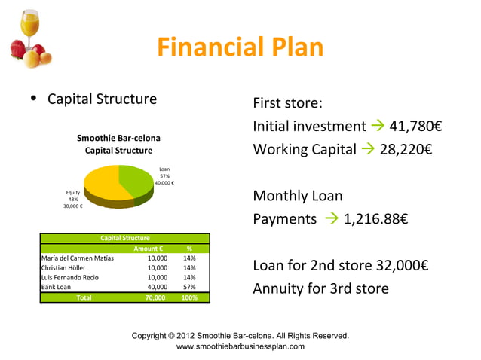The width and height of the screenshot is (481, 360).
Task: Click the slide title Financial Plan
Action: click(x=240, y=48)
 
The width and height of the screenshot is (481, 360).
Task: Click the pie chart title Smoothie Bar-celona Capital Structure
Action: click(x=118, y=145)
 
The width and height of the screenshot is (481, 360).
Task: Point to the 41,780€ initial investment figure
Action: click(x=414, y=126)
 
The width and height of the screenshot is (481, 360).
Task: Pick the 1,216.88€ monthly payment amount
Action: click(x=375, y=219)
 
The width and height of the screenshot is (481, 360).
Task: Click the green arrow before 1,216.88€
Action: click(x=331, y=219)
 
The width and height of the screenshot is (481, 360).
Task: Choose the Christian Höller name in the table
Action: click(x=63, y=267)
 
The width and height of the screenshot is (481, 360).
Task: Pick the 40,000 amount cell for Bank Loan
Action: click(x=157, y=287)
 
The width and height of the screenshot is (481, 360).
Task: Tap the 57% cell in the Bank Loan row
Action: click(x=189, y=287)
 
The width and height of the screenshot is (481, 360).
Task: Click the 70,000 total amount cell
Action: click(x=156, y=297)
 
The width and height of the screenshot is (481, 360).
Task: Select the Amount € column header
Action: click(x=149, y=248)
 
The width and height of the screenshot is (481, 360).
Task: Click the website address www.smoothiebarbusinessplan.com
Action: click(x=240, y=346)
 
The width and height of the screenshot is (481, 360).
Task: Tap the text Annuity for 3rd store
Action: click(x=320, y=288)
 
